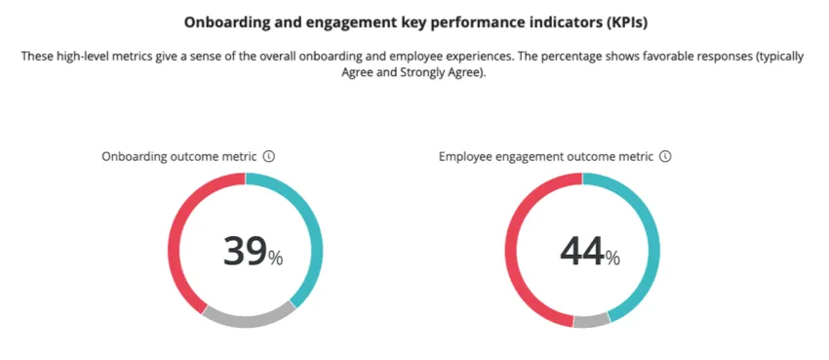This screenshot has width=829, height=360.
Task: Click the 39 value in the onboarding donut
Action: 245,251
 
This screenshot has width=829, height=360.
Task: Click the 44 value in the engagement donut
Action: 581,251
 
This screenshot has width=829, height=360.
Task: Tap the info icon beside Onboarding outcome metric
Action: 269,156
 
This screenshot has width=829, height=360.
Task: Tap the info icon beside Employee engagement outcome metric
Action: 665,156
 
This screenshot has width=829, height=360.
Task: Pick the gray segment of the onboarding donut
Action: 249,318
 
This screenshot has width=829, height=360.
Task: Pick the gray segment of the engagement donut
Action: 591,321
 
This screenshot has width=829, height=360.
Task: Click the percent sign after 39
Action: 276,259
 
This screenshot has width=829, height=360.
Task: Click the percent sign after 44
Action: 612,259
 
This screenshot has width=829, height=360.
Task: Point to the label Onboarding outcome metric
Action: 179,156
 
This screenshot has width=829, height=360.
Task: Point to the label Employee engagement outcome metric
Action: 545,156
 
